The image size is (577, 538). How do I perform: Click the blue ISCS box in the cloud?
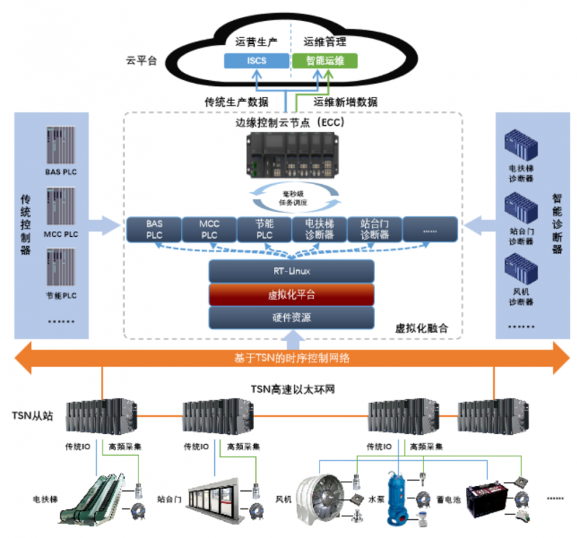(x=256, y=61)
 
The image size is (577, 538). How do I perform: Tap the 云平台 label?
(x=141, y=61)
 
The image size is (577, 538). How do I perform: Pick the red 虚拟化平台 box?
(x=291, y=294)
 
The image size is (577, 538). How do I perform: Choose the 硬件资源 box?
(x=291, y=317)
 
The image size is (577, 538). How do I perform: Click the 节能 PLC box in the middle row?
(x=265, y=230)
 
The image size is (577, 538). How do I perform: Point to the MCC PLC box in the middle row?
(x=209, y=230)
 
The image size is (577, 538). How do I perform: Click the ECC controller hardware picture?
(x=291, y=158)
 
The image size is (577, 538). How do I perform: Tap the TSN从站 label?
(x=32, y=416)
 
